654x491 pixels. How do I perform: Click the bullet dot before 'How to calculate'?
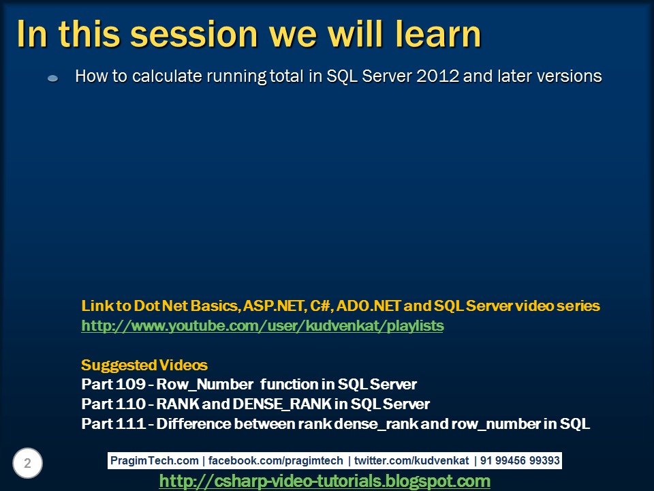click(53, 79)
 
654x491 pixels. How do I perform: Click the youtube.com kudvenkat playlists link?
click(262, 326)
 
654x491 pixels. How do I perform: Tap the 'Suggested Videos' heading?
click(144, 365)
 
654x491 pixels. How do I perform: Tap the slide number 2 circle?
click(27, 464)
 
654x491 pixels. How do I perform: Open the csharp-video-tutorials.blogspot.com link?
click(324, 481)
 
